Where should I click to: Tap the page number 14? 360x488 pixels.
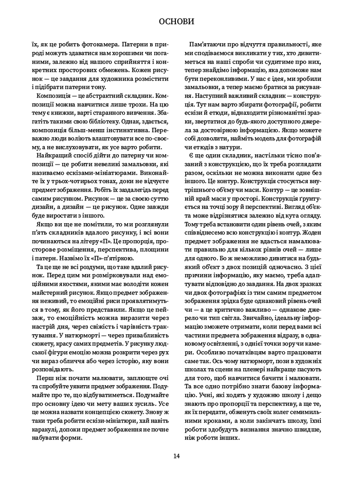pyautogui.click(x=176, y=456)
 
